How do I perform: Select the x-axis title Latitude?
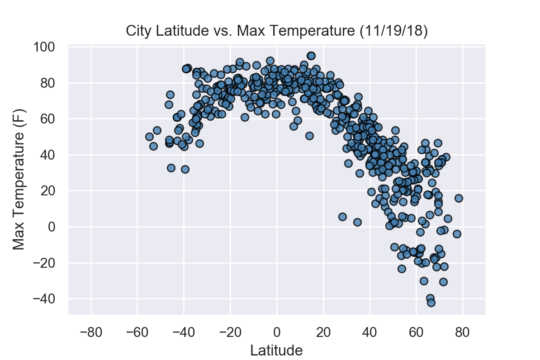pos(277,350)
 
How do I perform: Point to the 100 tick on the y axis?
pos(51,47)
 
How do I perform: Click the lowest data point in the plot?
pos(431,303)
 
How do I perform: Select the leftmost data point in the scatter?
pos(149,137)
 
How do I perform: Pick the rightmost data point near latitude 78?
pos(459,198)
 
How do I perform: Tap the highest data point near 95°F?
pos(311,56)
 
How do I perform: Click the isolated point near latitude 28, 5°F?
pos(342,217)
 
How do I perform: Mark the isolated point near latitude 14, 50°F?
pos(309,136)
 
